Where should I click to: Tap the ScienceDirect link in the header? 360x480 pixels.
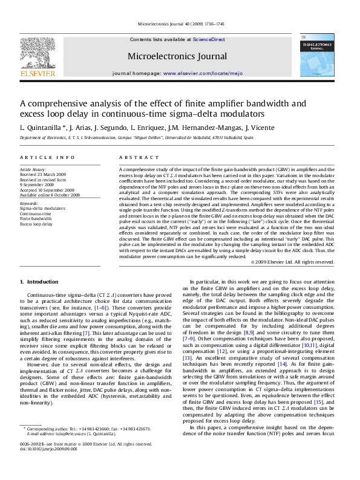click(209, 39)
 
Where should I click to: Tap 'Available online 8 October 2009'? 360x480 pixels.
click(50, 195)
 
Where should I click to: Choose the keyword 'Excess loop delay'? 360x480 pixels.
click(36, 224)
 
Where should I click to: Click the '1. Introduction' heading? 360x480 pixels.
click(39, 282)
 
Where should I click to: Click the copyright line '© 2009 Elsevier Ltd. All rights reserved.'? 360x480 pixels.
click(292, 262)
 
